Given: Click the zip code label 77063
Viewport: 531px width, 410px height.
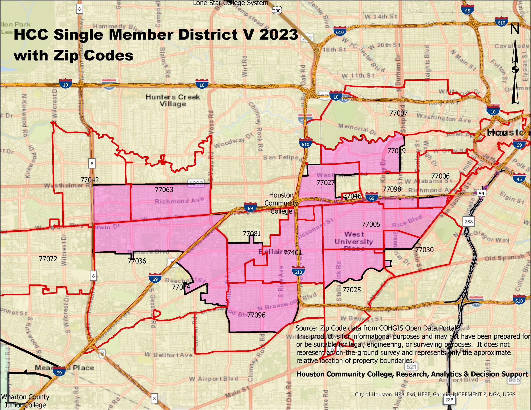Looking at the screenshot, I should pos(164,189).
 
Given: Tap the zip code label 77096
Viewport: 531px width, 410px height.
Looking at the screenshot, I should pos(256,315).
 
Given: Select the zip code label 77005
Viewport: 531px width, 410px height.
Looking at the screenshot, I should pos(371,224).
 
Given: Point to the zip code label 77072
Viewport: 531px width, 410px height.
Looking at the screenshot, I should pos(48,259).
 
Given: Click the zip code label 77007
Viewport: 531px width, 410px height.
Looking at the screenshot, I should pos(398,113).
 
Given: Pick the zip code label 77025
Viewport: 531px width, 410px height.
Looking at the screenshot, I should pos(352,290).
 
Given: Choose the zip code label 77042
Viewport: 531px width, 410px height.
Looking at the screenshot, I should pos(90,180).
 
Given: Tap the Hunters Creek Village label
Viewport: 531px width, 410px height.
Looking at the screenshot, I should pos(173,100).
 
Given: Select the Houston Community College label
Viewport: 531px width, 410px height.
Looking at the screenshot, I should pos(281,203).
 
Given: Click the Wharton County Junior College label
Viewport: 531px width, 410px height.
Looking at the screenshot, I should pos(25,401).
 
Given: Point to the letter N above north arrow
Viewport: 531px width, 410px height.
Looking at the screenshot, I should pos(515,29).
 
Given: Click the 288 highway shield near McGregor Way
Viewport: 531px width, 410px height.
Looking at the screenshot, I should pos(469,221).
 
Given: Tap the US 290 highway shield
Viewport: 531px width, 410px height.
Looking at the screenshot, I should pos(277,11).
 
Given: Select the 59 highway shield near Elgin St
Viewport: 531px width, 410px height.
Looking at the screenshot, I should pos(481,193).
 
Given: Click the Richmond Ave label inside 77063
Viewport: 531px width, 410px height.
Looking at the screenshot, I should pos(179,200).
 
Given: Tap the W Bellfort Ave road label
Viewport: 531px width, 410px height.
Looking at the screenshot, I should pos(169,355).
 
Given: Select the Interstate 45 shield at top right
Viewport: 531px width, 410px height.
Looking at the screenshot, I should pos(468,10).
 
